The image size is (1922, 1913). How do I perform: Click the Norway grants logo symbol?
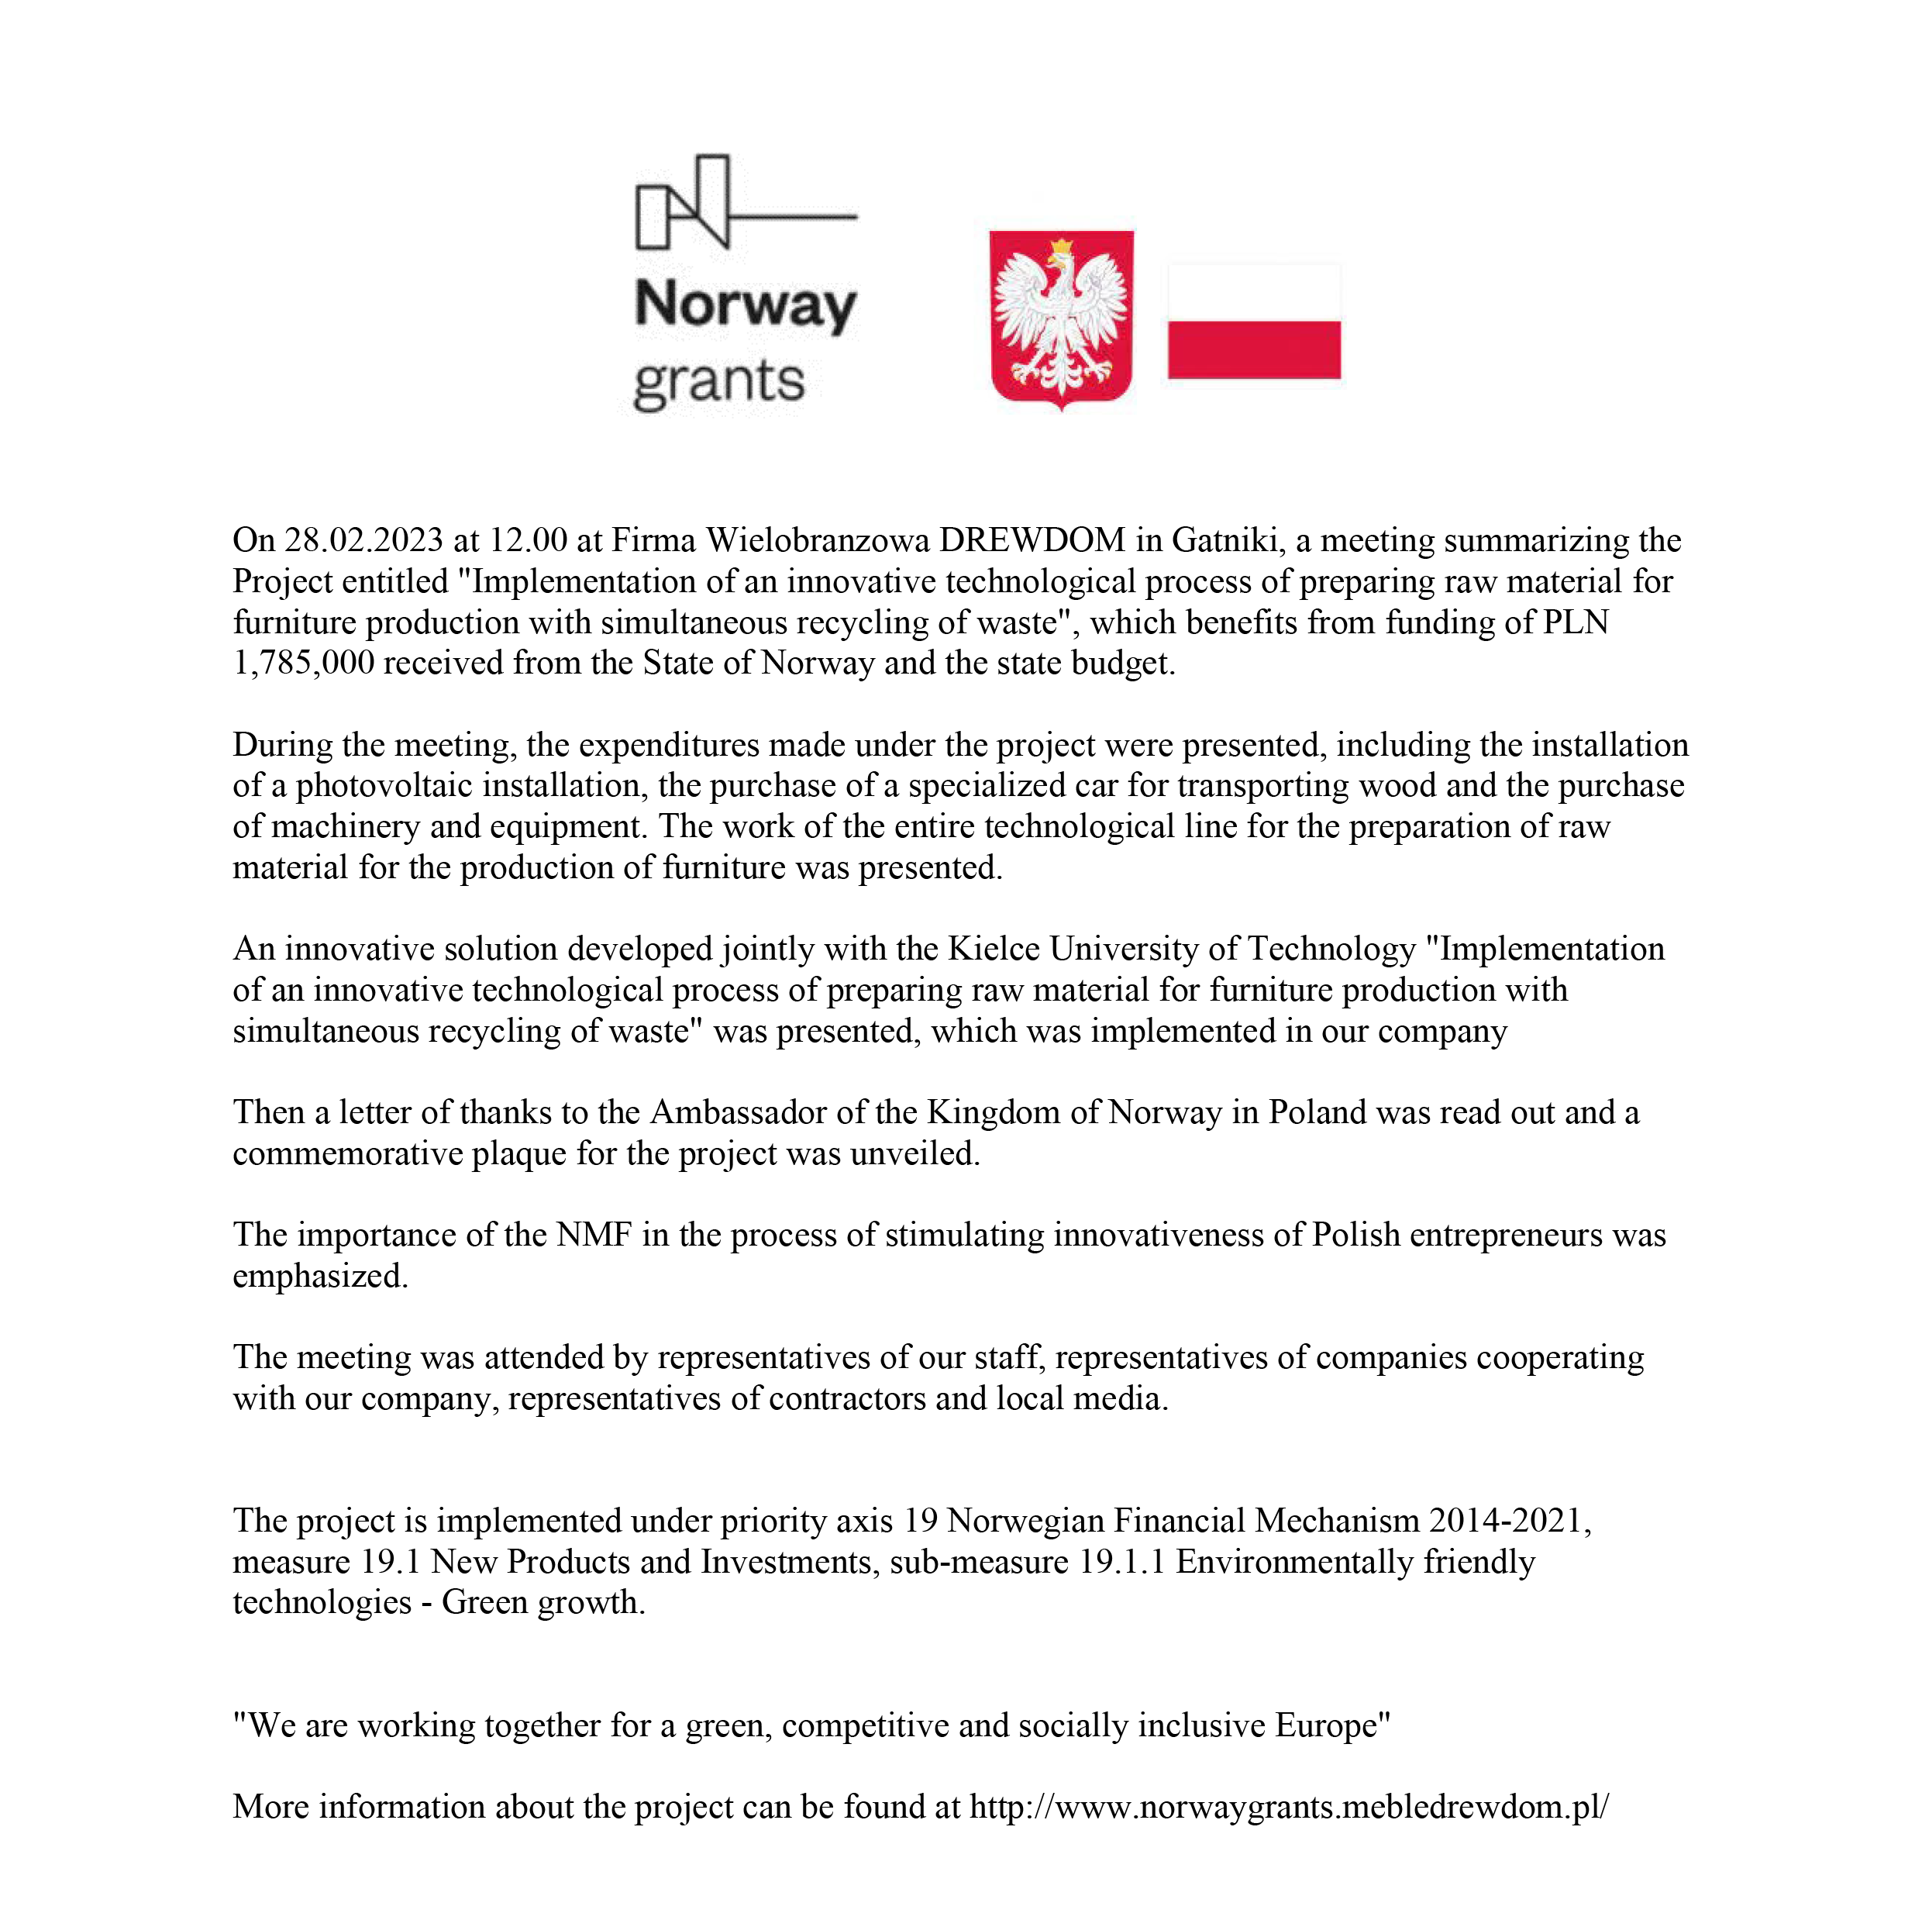pyautogui.click(x=744, y=202)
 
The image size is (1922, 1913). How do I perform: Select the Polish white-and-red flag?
pyautogui.click(x=1253, y=322)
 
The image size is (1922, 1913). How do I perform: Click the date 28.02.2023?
pyautogui.click(x=363, y=540)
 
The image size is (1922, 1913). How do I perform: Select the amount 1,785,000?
pyautogui.click(x=304, y=663)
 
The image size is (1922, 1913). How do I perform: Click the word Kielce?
pyautogui.click(x=993, y=949)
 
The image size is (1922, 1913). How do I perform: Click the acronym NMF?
pyautogui.click(x=594, y=1236)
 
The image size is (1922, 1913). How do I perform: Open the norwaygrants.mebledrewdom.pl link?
pyautogui.click(x=1288, y=1808)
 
